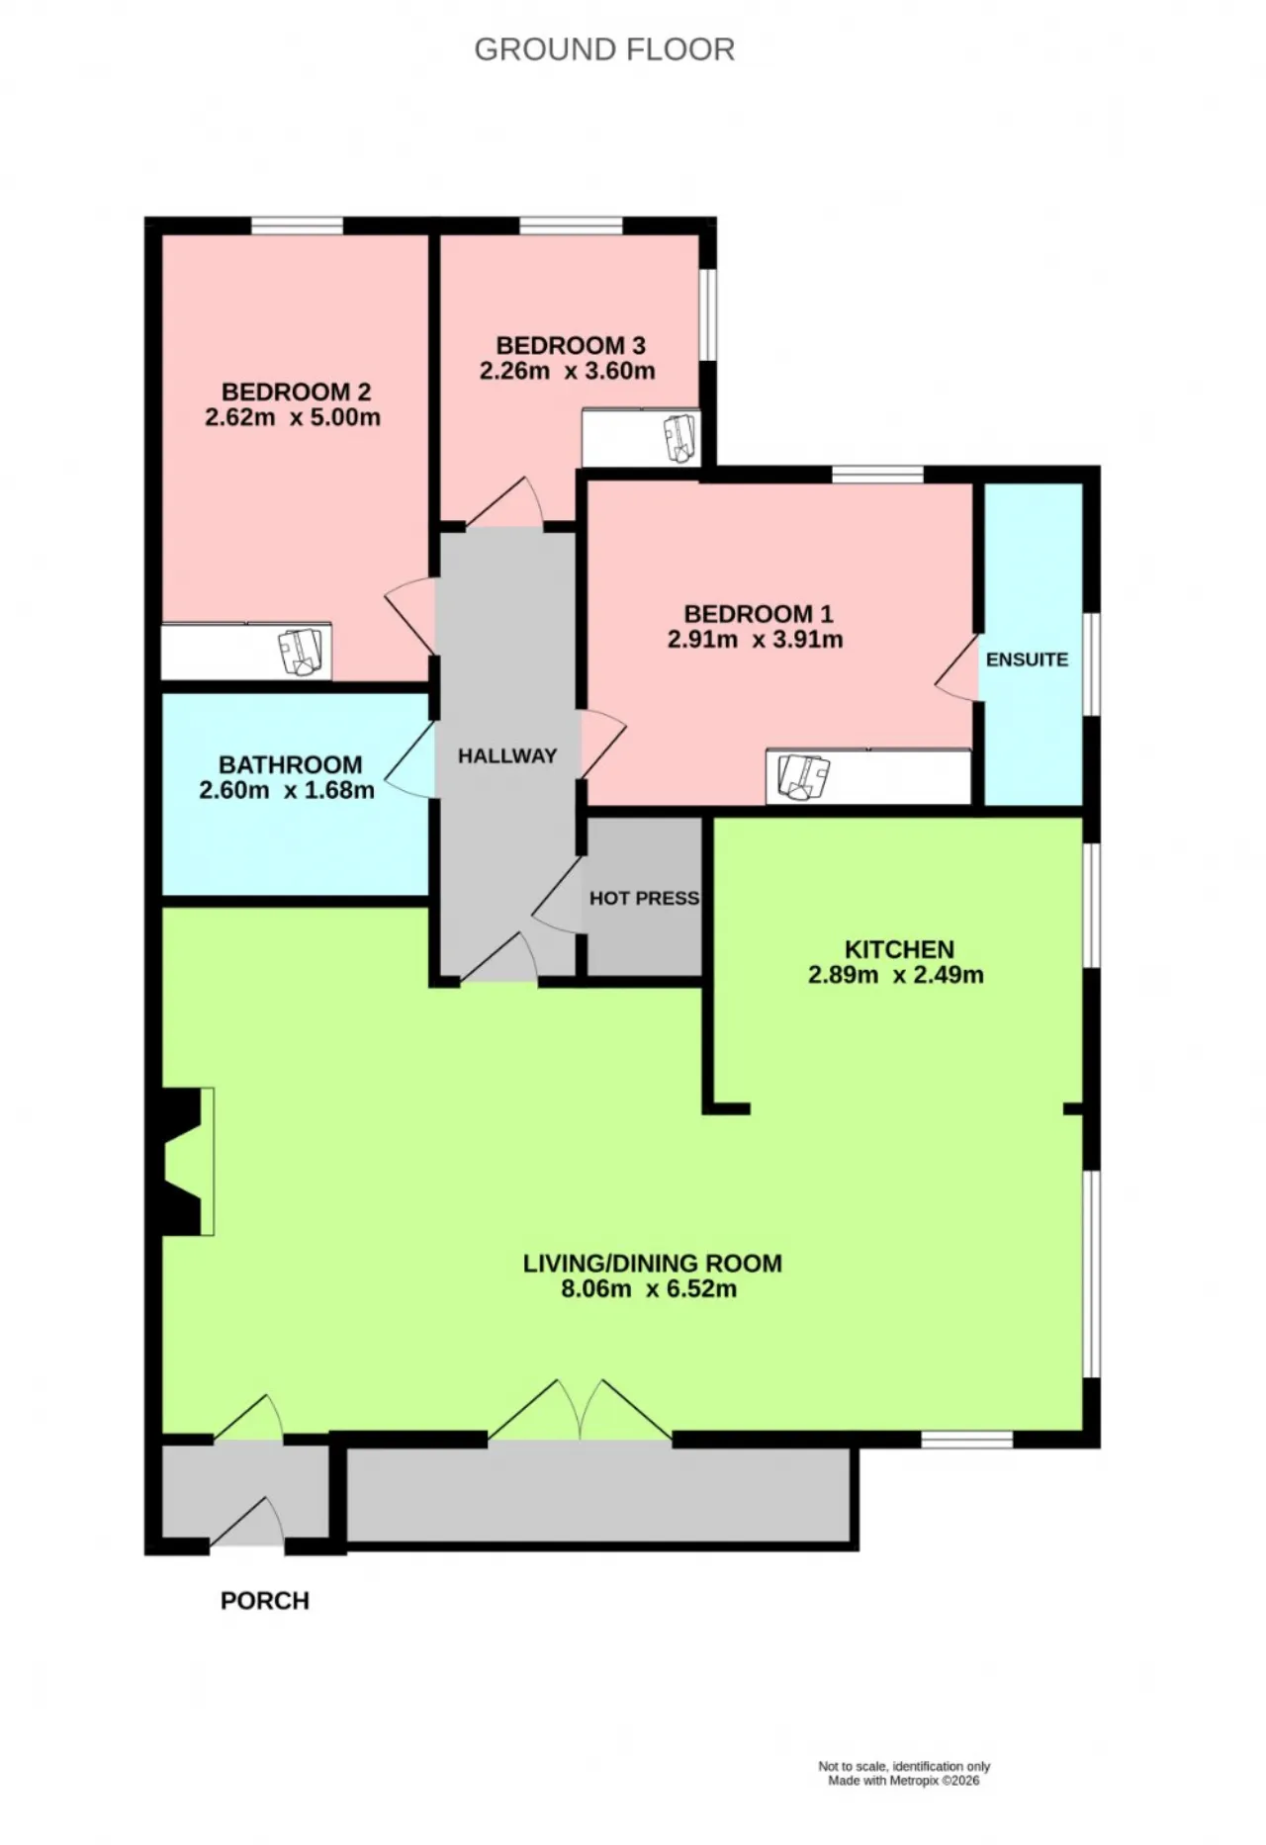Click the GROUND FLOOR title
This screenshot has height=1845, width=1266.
click(604, 49)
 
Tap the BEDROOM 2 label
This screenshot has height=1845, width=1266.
click(296, 392)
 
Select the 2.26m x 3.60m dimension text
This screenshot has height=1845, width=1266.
click(568, 372)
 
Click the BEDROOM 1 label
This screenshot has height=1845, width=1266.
click(759, 614)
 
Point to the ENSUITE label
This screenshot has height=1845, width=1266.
click(1027, 659)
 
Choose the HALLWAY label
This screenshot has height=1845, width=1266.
click(507, 756)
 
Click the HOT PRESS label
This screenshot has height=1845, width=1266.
click(644, 899)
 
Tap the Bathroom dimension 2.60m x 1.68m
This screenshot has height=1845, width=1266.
click(287, 791)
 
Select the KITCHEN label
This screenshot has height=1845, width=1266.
click(899, 949)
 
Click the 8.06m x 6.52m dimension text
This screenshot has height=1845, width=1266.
click(649, 1289)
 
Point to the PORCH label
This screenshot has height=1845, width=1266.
click(265, 1601)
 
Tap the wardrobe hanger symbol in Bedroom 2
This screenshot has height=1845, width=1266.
click(303, 652)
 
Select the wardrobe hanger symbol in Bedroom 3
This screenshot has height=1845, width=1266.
click(680, 438)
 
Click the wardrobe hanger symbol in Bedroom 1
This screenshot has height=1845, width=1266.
click(804, 777)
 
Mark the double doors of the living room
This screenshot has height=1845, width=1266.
click(581, 1412)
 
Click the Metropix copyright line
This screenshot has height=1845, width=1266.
click(904, 1781)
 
